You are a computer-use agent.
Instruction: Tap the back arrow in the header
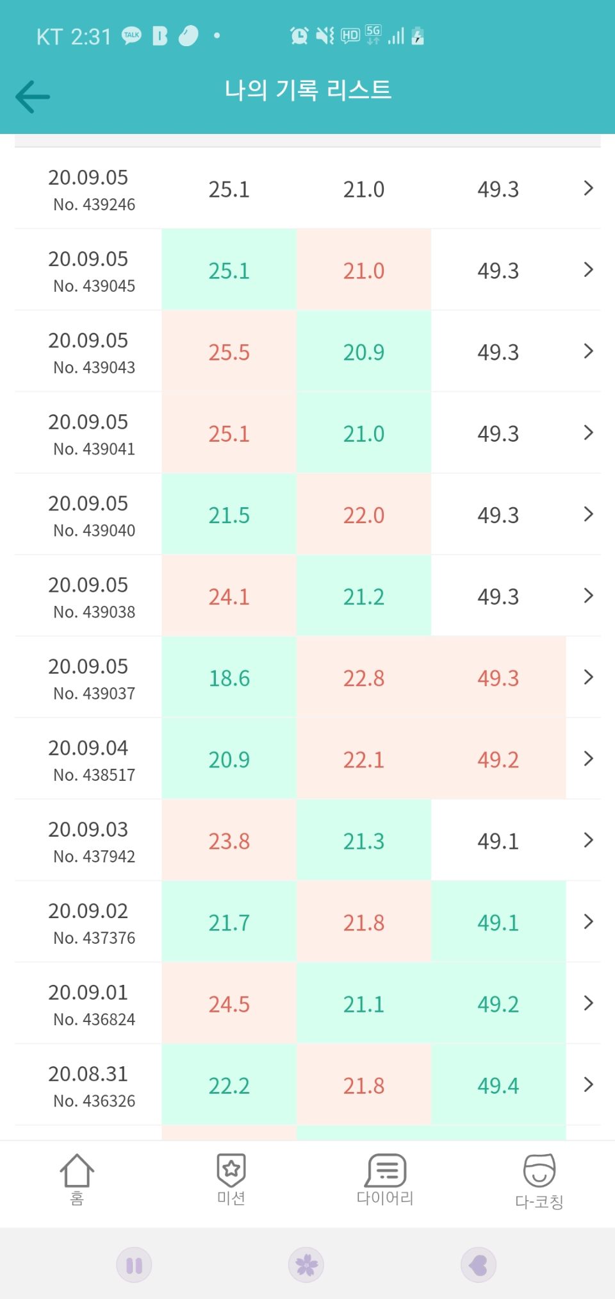click(33, 97)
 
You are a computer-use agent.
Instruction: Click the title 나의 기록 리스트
click(307, 90)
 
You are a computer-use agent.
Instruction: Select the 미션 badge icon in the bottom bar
click(231, 1170)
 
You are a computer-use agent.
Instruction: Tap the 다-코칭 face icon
click(539, 1171)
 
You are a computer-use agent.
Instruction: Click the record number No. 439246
click(94, 205)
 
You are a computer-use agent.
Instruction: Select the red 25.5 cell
click(229, 352)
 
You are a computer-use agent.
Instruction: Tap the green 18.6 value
click(229, 678)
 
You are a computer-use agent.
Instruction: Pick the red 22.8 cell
click(363, 678)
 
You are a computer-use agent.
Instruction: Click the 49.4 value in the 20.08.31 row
click(498, 1085)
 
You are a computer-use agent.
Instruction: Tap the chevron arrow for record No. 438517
click(589, 759)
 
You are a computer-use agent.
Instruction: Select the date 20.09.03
click(88, 829)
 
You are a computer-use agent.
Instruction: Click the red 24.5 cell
click(229, 1004)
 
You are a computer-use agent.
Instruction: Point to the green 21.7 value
click(229, 923)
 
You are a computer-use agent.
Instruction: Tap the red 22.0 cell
click(363, 515)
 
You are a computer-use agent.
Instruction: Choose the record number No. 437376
click(94, 938)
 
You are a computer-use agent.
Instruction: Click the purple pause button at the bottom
click(134, 1265)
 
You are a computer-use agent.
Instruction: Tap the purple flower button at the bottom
click(306, 1265)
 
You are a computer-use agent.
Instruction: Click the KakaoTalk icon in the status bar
click(131, 36)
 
